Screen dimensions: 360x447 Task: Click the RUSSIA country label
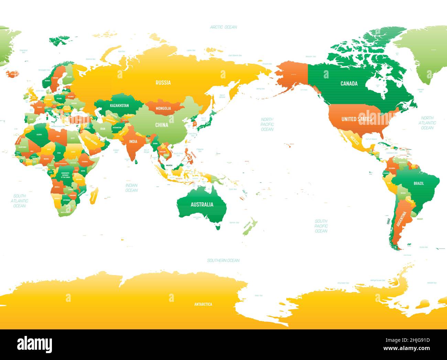[163, 83]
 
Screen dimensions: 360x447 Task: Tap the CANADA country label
[349, 84]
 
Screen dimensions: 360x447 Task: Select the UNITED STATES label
[356, 119]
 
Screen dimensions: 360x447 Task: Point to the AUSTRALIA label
[202, 205]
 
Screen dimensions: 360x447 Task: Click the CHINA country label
[162, 125]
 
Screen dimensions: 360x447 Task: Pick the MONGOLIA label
[163, 109]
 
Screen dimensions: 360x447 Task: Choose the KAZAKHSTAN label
[119, 105]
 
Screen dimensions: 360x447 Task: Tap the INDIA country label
[133, 141]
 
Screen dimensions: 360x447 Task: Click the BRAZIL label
[418, 183]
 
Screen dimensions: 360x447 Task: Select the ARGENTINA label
[402, 219]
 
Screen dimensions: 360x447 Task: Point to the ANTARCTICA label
[203, 304]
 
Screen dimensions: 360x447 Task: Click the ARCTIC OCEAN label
[223, 27]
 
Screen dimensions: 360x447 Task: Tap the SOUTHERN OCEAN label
[223, 260]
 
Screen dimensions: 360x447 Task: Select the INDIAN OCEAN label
[131, 187]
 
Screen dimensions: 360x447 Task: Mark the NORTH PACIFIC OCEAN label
[267, 124]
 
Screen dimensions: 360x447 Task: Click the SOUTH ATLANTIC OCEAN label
[19, 201]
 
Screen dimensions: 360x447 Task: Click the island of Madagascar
[94, 196]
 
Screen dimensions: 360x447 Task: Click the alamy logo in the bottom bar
[35, 344]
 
